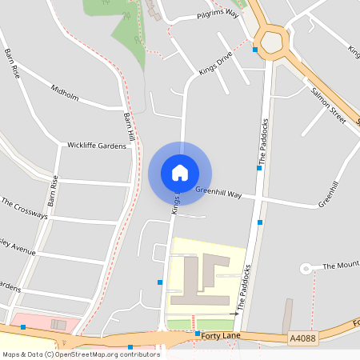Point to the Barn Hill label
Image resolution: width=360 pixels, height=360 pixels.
click(130, 127)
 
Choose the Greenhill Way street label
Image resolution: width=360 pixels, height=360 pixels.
click(218, 192)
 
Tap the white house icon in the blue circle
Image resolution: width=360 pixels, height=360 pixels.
click(180, 173)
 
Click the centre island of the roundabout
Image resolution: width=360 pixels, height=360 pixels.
click(270, 39)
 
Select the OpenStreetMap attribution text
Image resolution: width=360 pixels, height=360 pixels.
click(82, 354)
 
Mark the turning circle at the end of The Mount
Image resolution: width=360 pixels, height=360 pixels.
click(305, 269)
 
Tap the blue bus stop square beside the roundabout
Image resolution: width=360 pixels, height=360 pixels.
click(255, 50)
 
